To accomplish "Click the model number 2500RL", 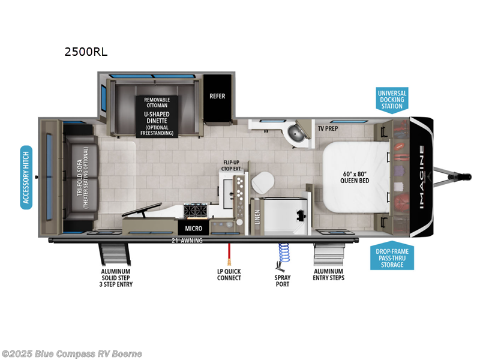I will [x=86, y=52].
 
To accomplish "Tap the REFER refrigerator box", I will [x=217, y=96].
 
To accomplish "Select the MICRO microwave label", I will [x=193, y=229].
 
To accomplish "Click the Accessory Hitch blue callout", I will [x=26, y=176].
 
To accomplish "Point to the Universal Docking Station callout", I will [x=392, y=100].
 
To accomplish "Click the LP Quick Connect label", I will [x=229, y=274].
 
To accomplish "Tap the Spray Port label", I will [x=282, y=280].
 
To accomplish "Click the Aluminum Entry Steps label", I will [x=328, y=274].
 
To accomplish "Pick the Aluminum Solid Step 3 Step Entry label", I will [x=116, y=277].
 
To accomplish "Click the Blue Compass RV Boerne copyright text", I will [x=72, y=353].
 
